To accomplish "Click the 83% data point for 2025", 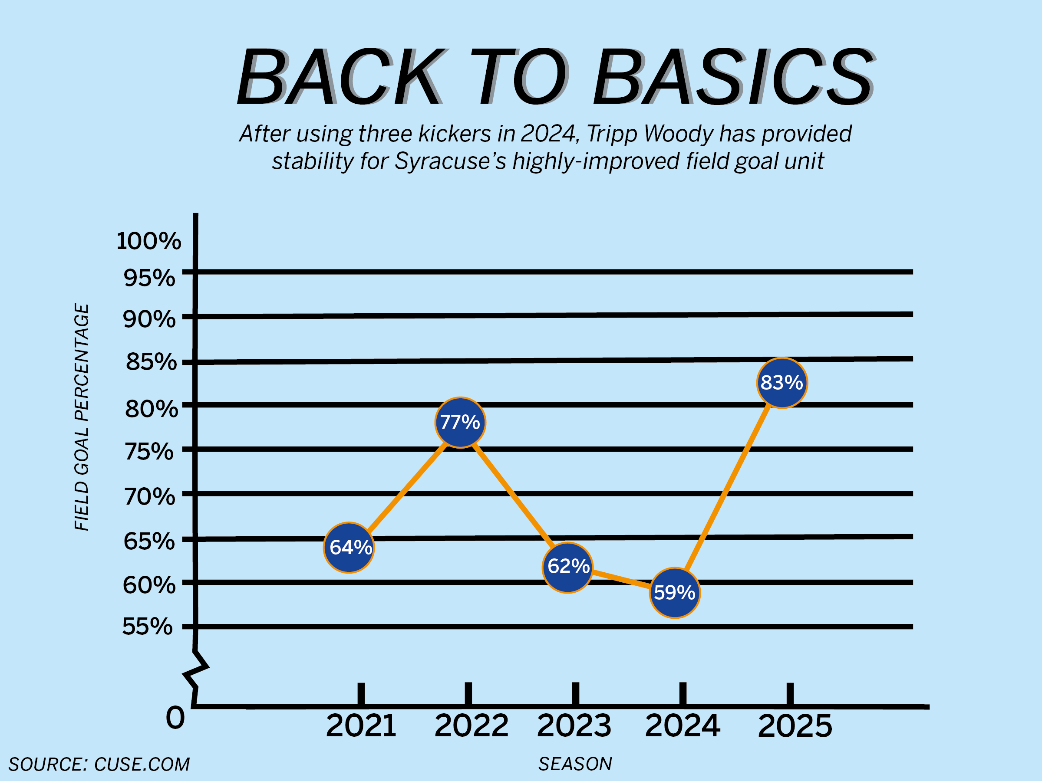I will (782, 383).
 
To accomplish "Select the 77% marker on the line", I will (460, 422).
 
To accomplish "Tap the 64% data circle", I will (349, 548).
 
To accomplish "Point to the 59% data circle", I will (675, 593).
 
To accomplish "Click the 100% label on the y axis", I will (148, 241).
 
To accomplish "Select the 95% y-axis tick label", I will (149, 278).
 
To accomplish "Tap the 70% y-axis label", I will (149, 497).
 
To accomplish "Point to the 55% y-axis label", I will (148, 627).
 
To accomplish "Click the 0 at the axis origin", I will (175, 718).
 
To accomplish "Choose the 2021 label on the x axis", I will (361, 726).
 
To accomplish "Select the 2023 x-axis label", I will (574, 726).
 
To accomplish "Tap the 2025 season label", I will (795, 726).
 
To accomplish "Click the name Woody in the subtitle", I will (679, 134).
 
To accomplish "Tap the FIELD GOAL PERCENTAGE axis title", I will (82, 417).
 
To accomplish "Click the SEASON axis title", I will (575, 764).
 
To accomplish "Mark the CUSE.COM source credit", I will (142, 764).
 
